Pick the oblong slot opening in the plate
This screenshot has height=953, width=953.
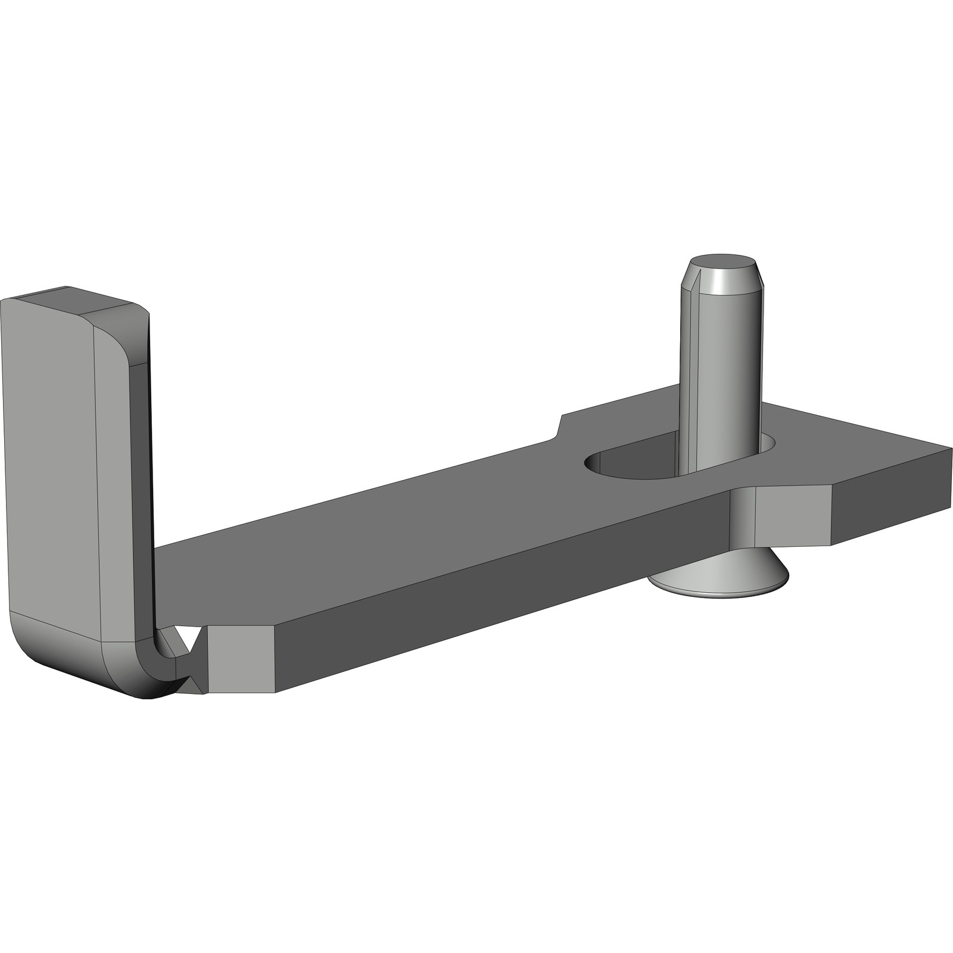[x=631, y=465]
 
